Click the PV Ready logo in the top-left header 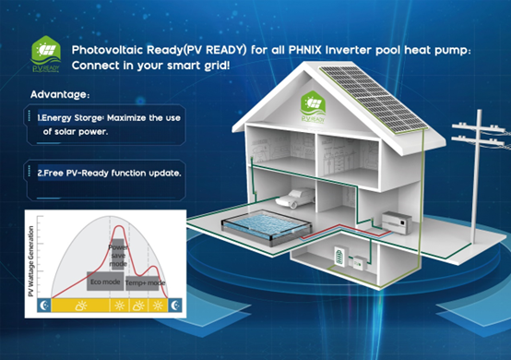[x=44, y=53]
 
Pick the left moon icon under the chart [x=40, y=305]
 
